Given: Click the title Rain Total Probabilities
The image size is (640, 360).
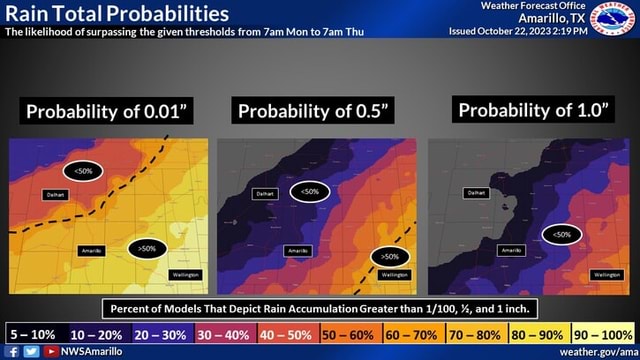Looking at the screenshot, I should click(x=115, y=14).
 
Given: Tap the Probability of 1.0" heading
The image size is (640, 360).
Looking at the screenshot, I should click(x=532, y=110).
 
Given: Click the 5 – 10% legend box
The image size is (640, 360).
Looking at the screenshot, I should click(x=33, y=334).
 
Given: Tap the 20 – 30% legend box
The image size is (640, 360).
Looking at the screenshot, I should click(x=159, y=334).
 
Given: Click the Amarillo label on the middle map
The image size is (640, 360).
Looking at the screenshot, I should click(x=297, y=249).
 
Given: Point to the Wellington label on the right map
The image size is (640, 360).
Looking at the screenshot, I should click(x=606, y=274).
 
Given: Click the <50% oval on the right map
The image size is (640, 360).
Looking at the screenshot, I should click(x=562, y=233).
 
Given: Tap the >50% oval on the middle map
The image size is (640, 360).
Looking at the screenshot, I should click(x=389, y=257).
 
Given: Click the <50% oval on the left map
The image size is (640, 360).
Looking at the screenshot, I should click(x=83, y=170).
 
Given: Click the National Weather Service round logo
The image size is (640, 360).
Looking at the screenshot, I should click(x=612, y=19).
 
